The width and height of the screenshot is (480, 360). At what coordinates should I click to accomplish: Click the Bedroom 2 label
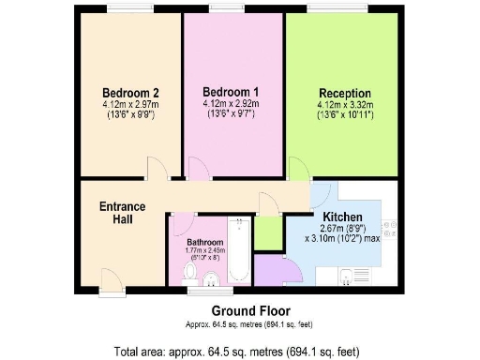tap(129, 93)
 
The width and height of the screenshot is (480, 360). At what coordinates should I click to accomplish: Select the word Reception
tap(346, 93)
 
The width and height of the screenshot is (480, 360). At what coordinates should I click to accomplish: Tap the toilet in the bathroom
tap(190, 273)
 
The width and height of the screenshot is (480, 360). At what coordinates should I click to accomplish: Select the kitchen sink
tap(352, 276)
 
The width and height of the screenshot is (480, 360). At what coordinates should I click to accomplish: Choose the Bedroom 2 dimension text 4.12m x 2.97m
tap(129, 105)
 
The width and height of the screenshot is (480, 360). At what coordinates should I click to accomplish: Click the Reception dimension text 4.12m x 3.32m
tap(346, 105)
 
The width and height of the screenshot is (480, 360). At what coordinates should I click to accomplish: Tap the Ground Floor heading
tap(249, 310)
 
